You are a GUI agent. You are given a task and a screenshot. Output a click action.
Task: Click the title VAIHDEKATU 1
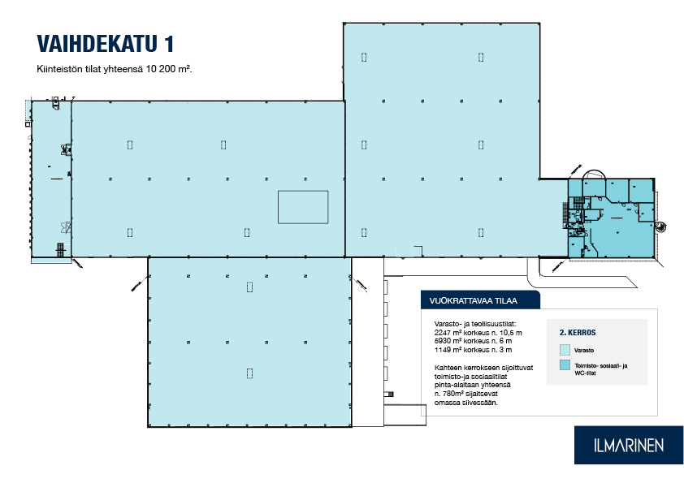106,44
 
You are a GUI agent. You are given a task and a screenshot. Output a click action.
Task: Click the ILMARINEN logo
629,445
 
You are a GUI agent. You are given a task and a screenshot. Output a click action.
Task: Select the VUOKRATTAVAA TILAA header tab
480,300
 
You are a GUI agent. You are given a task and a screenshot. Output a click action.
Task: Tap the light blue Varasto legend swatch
565,350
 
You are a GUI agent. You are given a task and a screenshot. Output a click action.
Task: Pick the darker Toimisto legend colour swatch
565,365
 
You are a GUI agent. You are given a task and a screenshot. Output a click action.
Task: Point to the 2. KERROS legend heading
578,333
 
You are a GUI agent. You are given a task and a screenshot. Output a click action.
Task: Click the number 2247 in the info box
443,333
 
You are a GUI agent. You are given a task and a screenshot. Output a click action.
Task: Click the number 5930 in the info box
443,341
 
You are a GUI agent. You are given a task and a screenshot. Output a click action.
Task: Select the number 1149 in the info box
443,350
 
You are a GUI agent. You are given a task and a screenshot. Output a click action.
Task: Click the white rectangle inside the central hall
303,207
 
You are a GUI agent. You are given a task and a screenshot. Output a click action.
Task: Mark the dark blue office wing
612,218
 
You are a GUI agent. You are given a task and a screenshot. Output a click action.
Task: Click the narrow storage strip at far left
51,179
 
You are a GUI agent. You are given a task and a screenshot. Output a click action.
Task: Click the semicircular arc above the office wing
594,170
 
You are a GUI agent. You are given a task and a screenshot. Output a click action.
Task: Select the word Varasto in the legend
584,350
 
